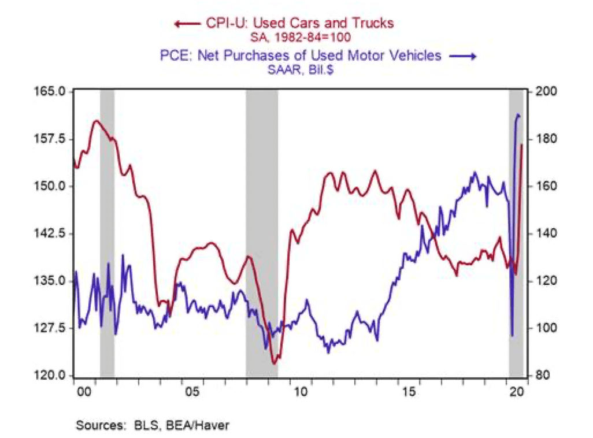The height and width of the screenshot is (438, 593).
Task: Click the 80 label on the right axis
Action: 539,376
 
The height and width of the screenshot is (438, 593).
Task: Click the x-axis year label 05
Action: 192,392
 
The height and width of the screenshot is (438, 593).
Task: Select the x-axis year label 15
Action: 409,392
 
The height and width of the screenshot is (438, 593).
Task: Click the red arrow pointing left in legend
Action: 186,23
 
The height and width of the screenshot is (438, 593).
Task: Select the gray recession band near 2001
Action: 107,231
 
